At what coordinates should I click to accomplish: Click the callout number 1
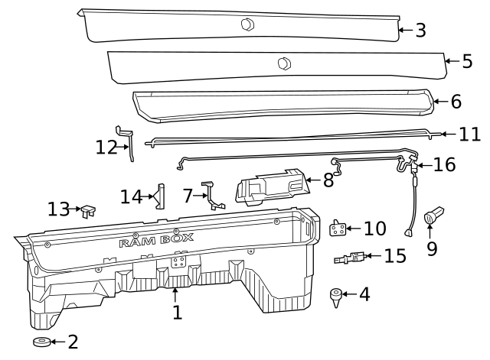point(177,312)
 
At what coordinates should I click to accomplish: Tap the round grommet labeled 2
point(41,342)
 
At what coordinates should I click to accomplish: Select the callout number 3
point(420,31)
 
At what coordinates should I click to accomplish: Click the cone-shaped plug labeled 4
point(335,294)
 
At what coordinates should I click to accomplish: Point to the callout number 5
point(467,61)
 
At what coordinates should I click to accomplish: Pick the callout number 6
point(456,101)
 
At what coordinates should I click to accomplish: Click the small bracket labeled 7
point(211,195)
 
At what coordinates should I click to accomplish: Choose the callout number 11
point(469,135)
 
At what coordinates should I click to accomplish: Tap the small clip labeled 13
point(89,209)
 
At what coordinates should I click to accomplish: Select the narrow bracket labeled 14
point(160,196)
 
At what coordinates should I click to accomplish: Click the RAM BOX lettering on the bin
point(156,242)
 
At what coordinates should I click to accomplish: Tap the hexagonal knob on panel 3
point(247,24)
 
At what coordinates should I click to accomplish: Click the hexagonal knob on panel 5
point(283,63)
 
